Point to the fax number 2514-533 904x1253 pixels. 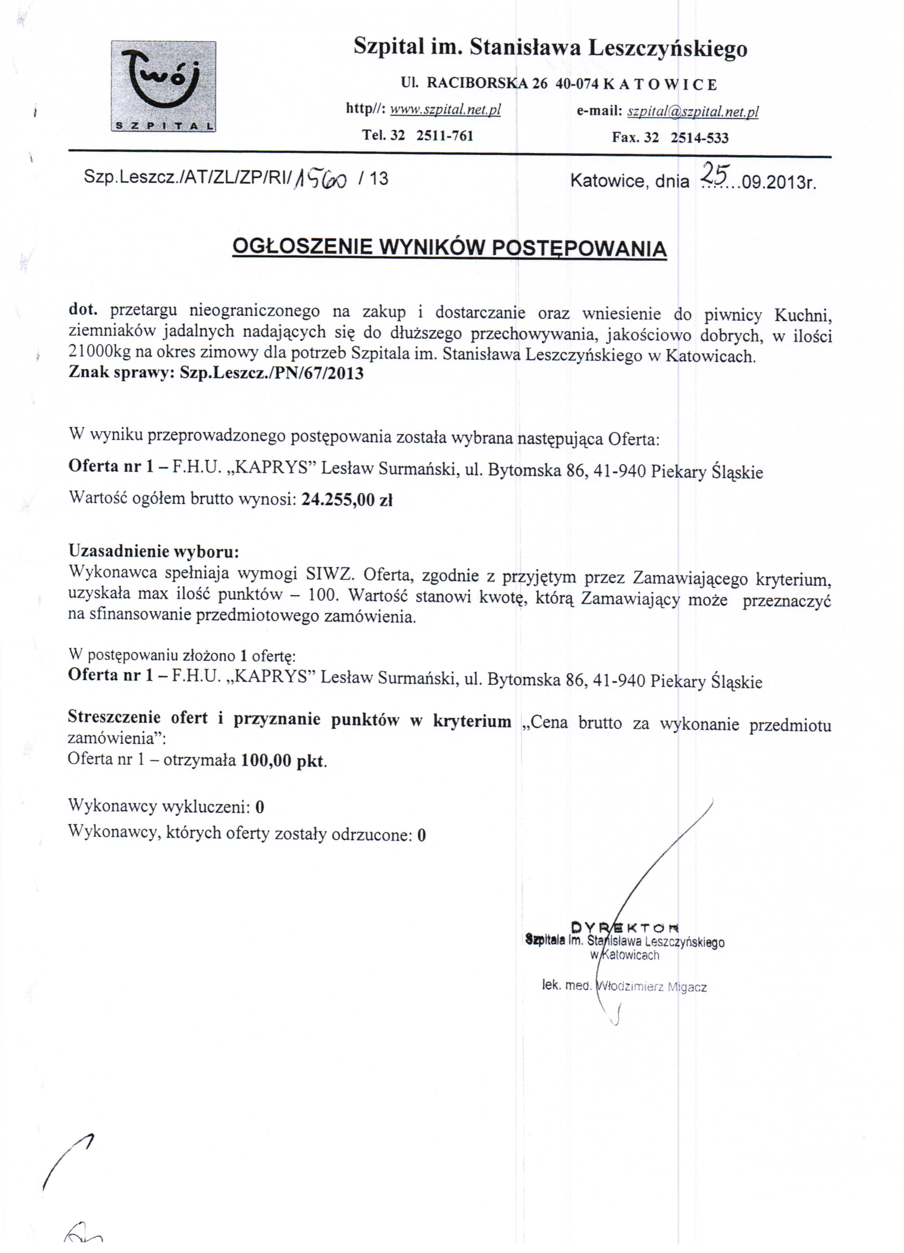(699, 137)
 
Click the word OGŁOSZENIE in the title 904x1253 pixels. (302, 246)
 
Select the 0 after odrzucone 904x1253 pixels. (422, 835)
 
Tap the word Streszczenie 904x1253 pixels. (114, 717)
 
